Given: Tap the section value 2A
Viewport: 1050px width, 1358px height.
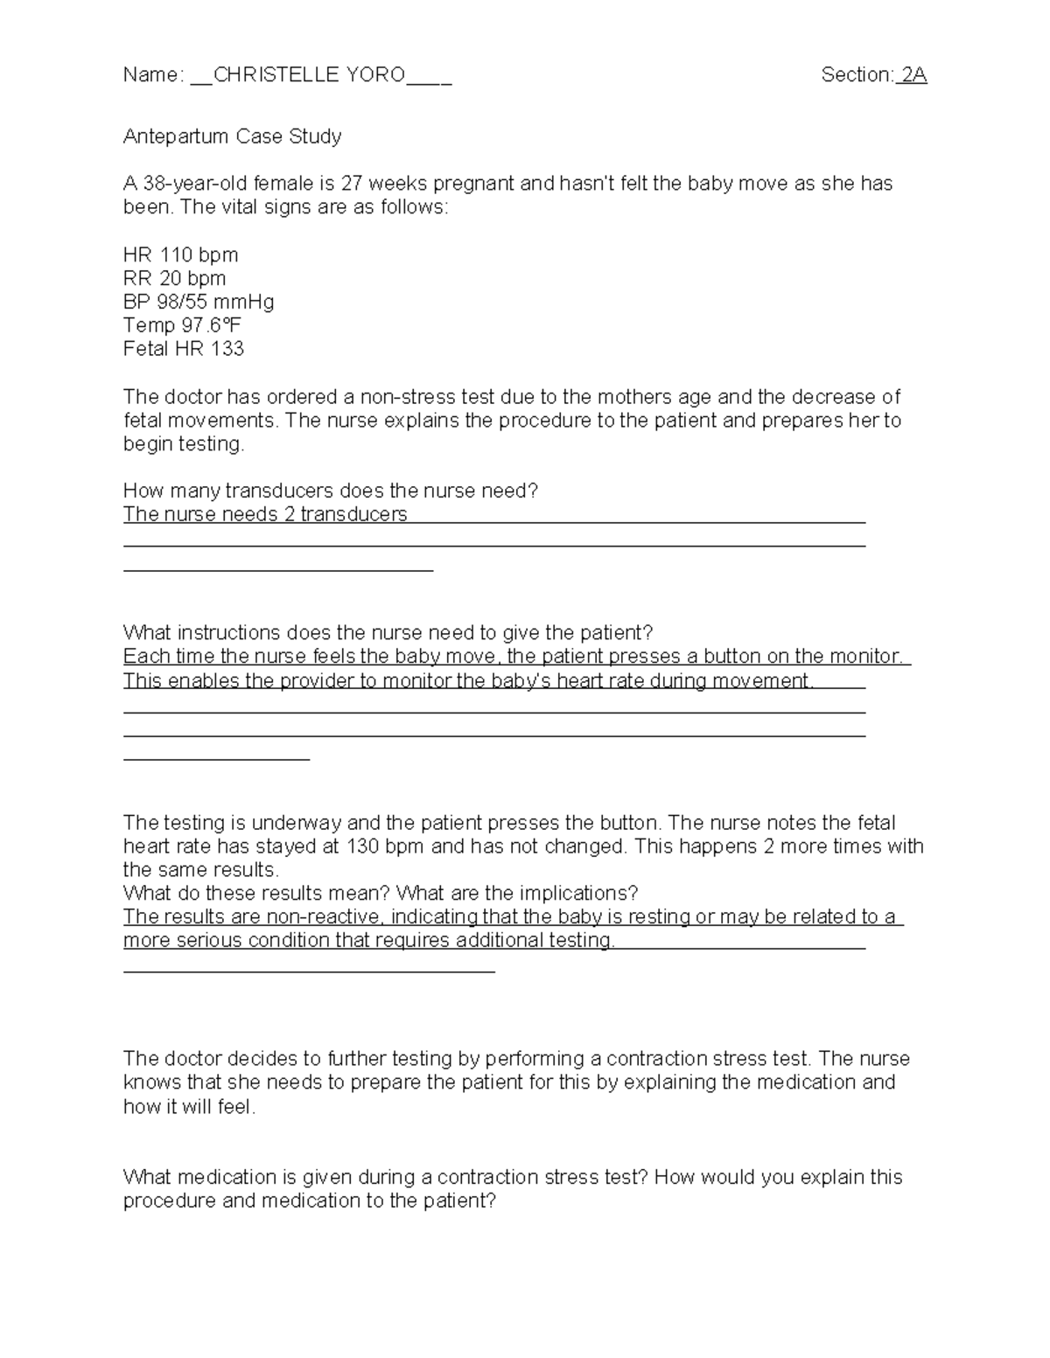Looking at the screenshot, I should tap(913, 75).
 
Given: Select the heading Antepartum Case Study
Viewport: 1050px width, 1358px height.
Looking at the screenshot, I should tap(232, 136).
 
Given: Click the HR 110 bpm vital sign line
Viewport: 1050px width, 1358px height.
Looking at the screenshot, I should tap(180, 255).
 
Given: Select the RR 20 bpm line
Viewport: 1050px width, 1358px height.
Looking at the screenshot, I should tap(174, 279).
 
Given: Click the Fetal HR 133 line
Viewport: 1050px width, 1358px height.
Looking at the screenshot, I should tap(184, 350).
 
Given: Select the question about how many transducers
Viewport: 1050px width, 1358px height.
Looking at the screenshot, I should tap(331, 491).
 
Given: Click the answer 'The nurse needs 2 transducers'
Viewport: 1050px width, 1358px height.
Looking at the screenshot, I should tap(265, 515).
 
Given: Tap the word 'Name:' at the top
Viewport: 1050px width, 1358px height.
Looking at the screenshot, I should tap(153, 75).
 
